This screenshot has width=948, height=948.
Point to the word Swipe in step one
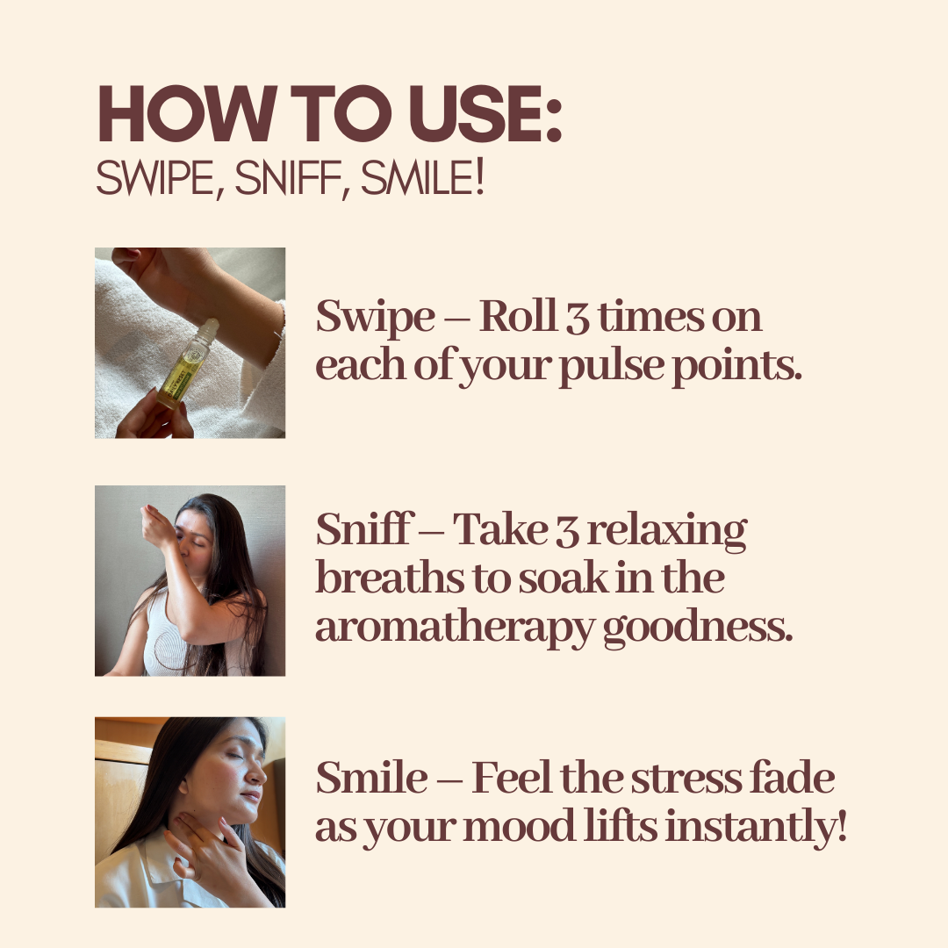(375, 319)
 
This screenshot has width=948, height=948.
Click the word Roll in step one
(518, 316)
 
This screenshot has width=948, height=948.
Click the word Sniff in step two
(364, 528)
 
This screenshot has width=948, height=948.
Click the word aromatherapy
(455, 629)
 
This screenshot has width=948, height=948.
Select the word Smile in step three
(371, 777)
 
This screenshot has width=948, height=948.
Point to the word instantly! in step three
(756, 828)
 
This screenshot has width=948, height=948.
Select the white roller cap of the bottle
(208, 329)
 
